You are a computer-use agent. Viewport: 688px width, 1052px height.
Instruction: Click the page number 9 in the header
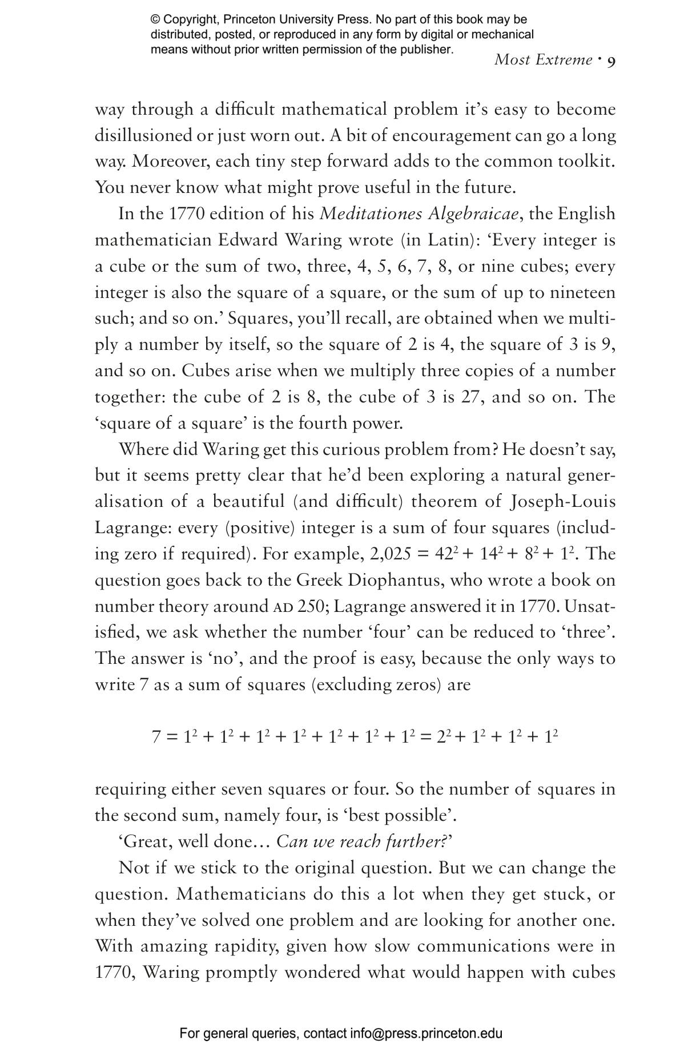point(610,62)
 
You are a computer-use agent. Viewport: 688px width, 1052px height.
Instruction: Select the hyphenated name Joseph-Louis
point(562,501)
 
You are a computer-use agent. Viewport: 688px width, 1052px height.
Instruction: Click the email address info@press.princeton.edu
point(426,1033)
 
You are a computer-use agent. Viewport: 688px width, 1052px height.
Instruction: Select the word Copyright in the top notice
point(191,19)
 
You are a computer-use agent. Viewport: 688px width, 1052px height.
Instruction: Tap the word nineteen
point(582,292)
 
